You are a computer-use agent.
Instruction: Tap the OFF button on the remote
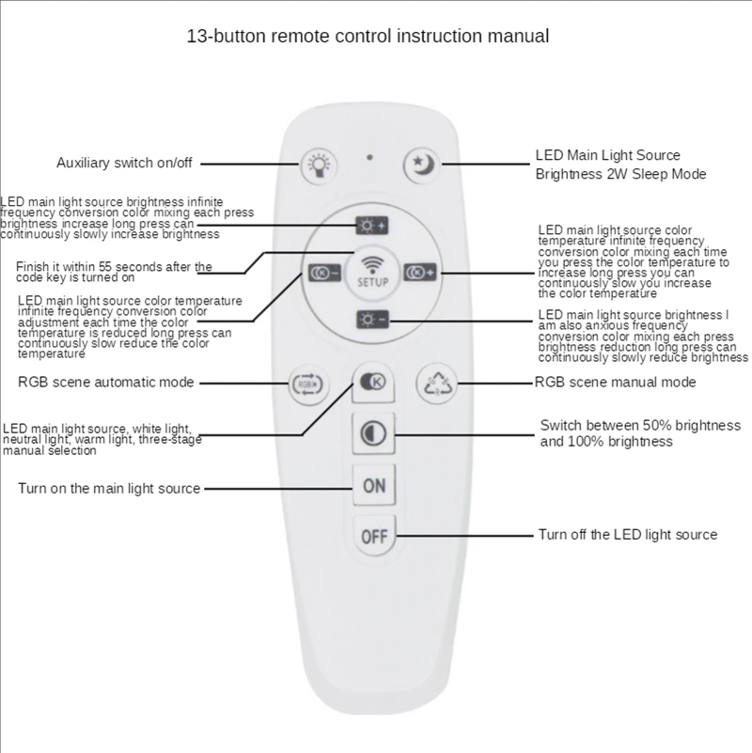[x=374, y=537]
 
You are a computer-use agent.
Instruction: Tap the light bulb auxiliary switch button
[x=315, y=165]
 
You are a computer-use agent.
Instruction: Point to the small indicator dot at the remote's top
[x=369, y=156]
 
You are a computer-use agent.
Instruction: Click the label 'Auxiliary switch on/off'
[x=124, y=163]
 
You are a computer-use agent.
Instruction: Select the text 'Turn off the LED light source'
[x=627, y=535]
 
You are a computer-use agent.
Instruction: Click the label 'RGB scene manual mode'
[x=615, y=383]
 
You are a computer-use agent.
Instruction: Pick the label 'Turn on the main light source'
[x=109, y=489]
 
